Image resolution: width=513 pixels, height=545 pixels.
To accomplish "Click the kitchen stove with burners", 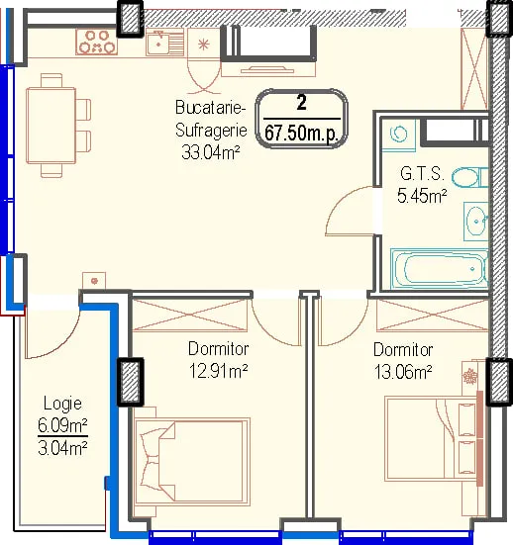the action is (x=97, y=42).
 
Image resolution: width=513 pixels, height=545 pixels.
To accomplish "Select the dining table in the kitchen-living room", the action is (x=51, y=126).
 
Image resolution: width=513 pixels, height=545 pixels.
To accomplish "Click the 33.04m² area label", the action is (x=211, y=152).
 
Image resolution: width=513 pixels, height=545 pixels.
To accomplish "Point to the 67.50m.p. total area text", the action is (x=301, y=134).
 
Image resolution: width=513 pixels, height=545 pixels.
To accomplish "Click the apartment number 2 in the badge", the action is (x=302, y=102).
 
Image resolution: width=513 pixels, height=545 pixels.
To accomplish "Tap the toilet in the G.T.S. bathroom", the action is (x=470, y=177).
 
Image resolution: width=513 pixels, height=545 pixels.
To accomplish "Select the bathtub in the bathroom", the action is (x=439, y=268).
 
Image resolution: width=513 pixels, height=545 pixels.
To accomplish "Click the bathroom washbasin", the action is (x=475, y=221).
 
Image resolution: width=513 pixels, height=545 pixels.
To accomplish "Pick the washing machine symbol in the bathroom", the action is (x=398, y=135).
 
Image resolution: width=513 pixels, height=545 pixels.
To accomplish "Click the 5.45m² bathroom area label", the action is (x=422, y=196).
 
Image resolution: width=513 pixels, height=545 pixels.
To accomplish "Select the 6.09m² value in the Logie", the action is (x=62, y=424).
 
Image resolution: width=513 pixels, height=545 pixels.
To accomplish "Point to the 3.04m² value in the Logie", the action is (x=62, y=448).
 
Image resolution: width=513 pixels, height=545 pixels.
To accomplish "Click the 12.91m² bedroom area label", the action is (x=218, y=371).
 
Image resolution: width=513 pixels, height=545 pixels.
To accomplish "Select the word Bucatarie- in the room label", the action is (x=211, y=108).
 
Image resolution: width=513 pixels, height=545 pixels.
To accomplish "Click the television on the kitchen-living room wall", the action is (x=268, y=70).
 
